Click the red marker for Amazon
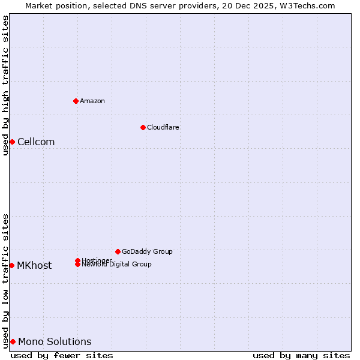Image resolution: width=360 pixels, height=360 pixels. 76,101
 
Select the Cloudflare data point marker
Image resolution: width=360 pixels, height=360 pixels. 143,127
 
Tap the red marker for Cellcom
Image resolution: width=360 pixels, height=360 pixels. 12,142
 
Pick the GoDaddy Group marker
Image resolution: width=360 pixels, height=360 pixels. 118,251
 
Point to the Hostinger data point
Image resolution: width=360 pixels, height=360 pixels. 77,260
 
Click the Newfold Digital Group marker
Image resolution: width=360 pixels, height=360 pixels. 77,265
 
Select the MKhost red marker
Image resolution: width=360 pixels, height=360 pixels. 11,265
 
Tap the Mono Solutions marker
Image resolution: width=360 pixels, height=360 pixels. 13,341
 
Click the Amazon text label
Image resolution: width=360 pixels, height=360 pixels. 92,101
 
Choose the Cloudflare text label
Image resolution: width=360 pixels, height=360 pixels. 163,127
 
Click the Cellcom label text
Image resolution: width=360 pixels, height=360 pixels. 36,142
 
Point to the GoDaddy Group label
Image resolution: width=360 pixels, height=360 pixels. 147,251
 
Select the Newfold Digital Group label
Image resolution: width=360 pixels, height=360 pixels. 118,265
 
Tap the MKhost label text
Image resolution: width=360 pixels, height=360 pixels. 34,266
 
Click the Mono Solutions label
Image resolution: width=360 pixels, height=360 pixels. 55,342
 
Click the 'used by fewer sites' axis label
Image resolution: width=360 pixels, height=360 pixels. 62,355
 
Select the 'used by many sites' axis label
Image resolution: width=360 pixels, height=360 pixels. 301,355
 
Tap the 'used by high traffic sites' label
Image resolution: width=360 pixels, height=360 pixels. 5,85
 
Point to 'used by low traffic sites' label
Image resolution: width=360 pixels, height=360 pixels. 5,280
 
